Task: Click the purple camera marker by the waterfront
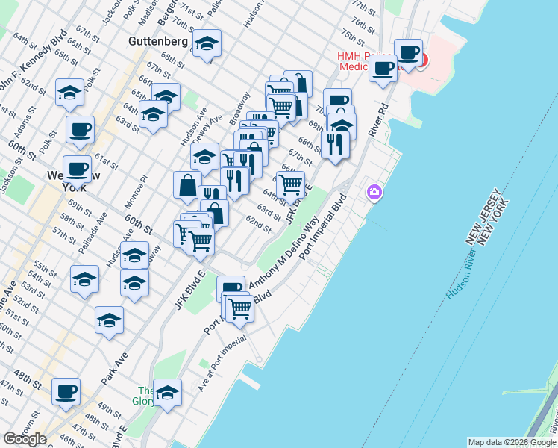(x=374, y=193)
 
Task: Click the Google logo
(x=25, y=438)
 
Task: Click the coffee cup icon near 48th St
(x=65, y=391)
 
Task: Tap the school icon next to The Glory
(x=168, y=392)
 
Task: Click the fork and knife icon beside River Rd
(x=335, y=143)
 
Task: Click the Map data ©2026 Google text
(x=511, y=442)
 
